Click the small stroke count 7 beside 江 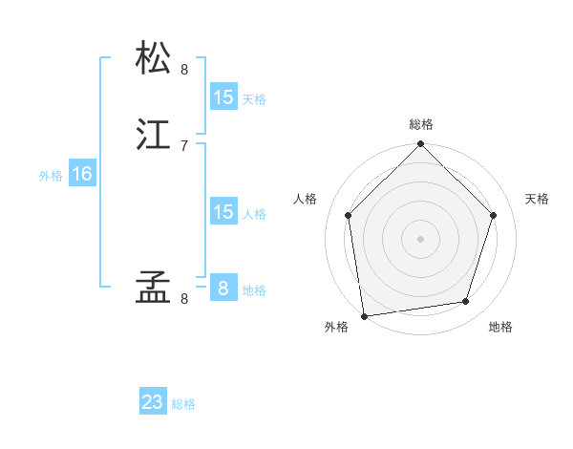click(x=184, y=145)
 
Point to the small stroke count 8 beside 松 click(x=184, y=69)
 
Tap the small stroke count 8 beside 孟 click(x=184, y=299)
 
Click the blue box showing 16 click(x=82, y=174)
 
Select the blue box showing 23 click(x=153, y=402)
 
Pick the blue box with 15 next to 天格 click(x=223, y=97)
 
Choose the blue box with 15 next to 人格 click(x=223, y=212)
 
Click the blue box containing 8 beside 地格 click(x=223, y=288)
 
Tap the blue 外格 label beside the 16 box click(x=51, y=176)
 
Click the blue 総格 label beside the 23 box click(x=184, y=404)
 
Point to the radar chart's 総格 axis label click(x=421, y=124)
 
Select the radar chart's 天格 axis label click(x=537, y=199)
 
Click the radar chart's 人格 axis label click(x=306, y=199)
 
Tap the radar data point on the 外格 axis click(x=364, y=315)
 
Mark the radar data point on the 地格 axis click(x=466, y=302)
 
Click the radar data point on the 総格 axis click(x=421, y=145)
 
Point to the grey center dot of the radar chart click(x=421, y=238)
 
